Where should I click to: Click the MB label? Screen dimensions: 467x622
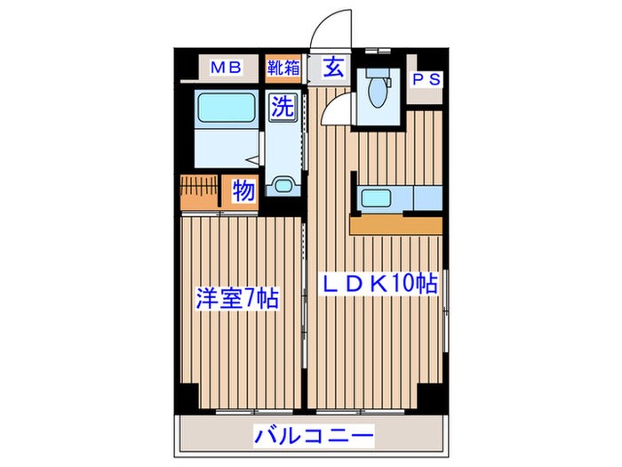click(227, 68)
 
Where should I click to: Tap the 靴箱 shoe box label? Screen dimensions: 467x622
click(283, 68)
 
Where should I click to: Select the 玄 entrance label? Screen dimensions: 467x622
click(332, 68)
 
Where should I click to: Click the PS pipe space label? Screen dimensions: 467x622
click(426, 79)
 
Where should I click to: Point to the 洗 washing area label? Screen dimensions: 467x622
click(283, 108)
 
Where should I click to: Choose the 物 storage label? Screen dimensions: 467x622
click(243, 190)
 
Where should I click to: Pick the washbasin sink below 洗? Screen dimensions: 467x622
click(283, 185)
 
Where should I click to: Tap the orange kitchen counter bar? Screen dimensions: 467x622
click(395, 224)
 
